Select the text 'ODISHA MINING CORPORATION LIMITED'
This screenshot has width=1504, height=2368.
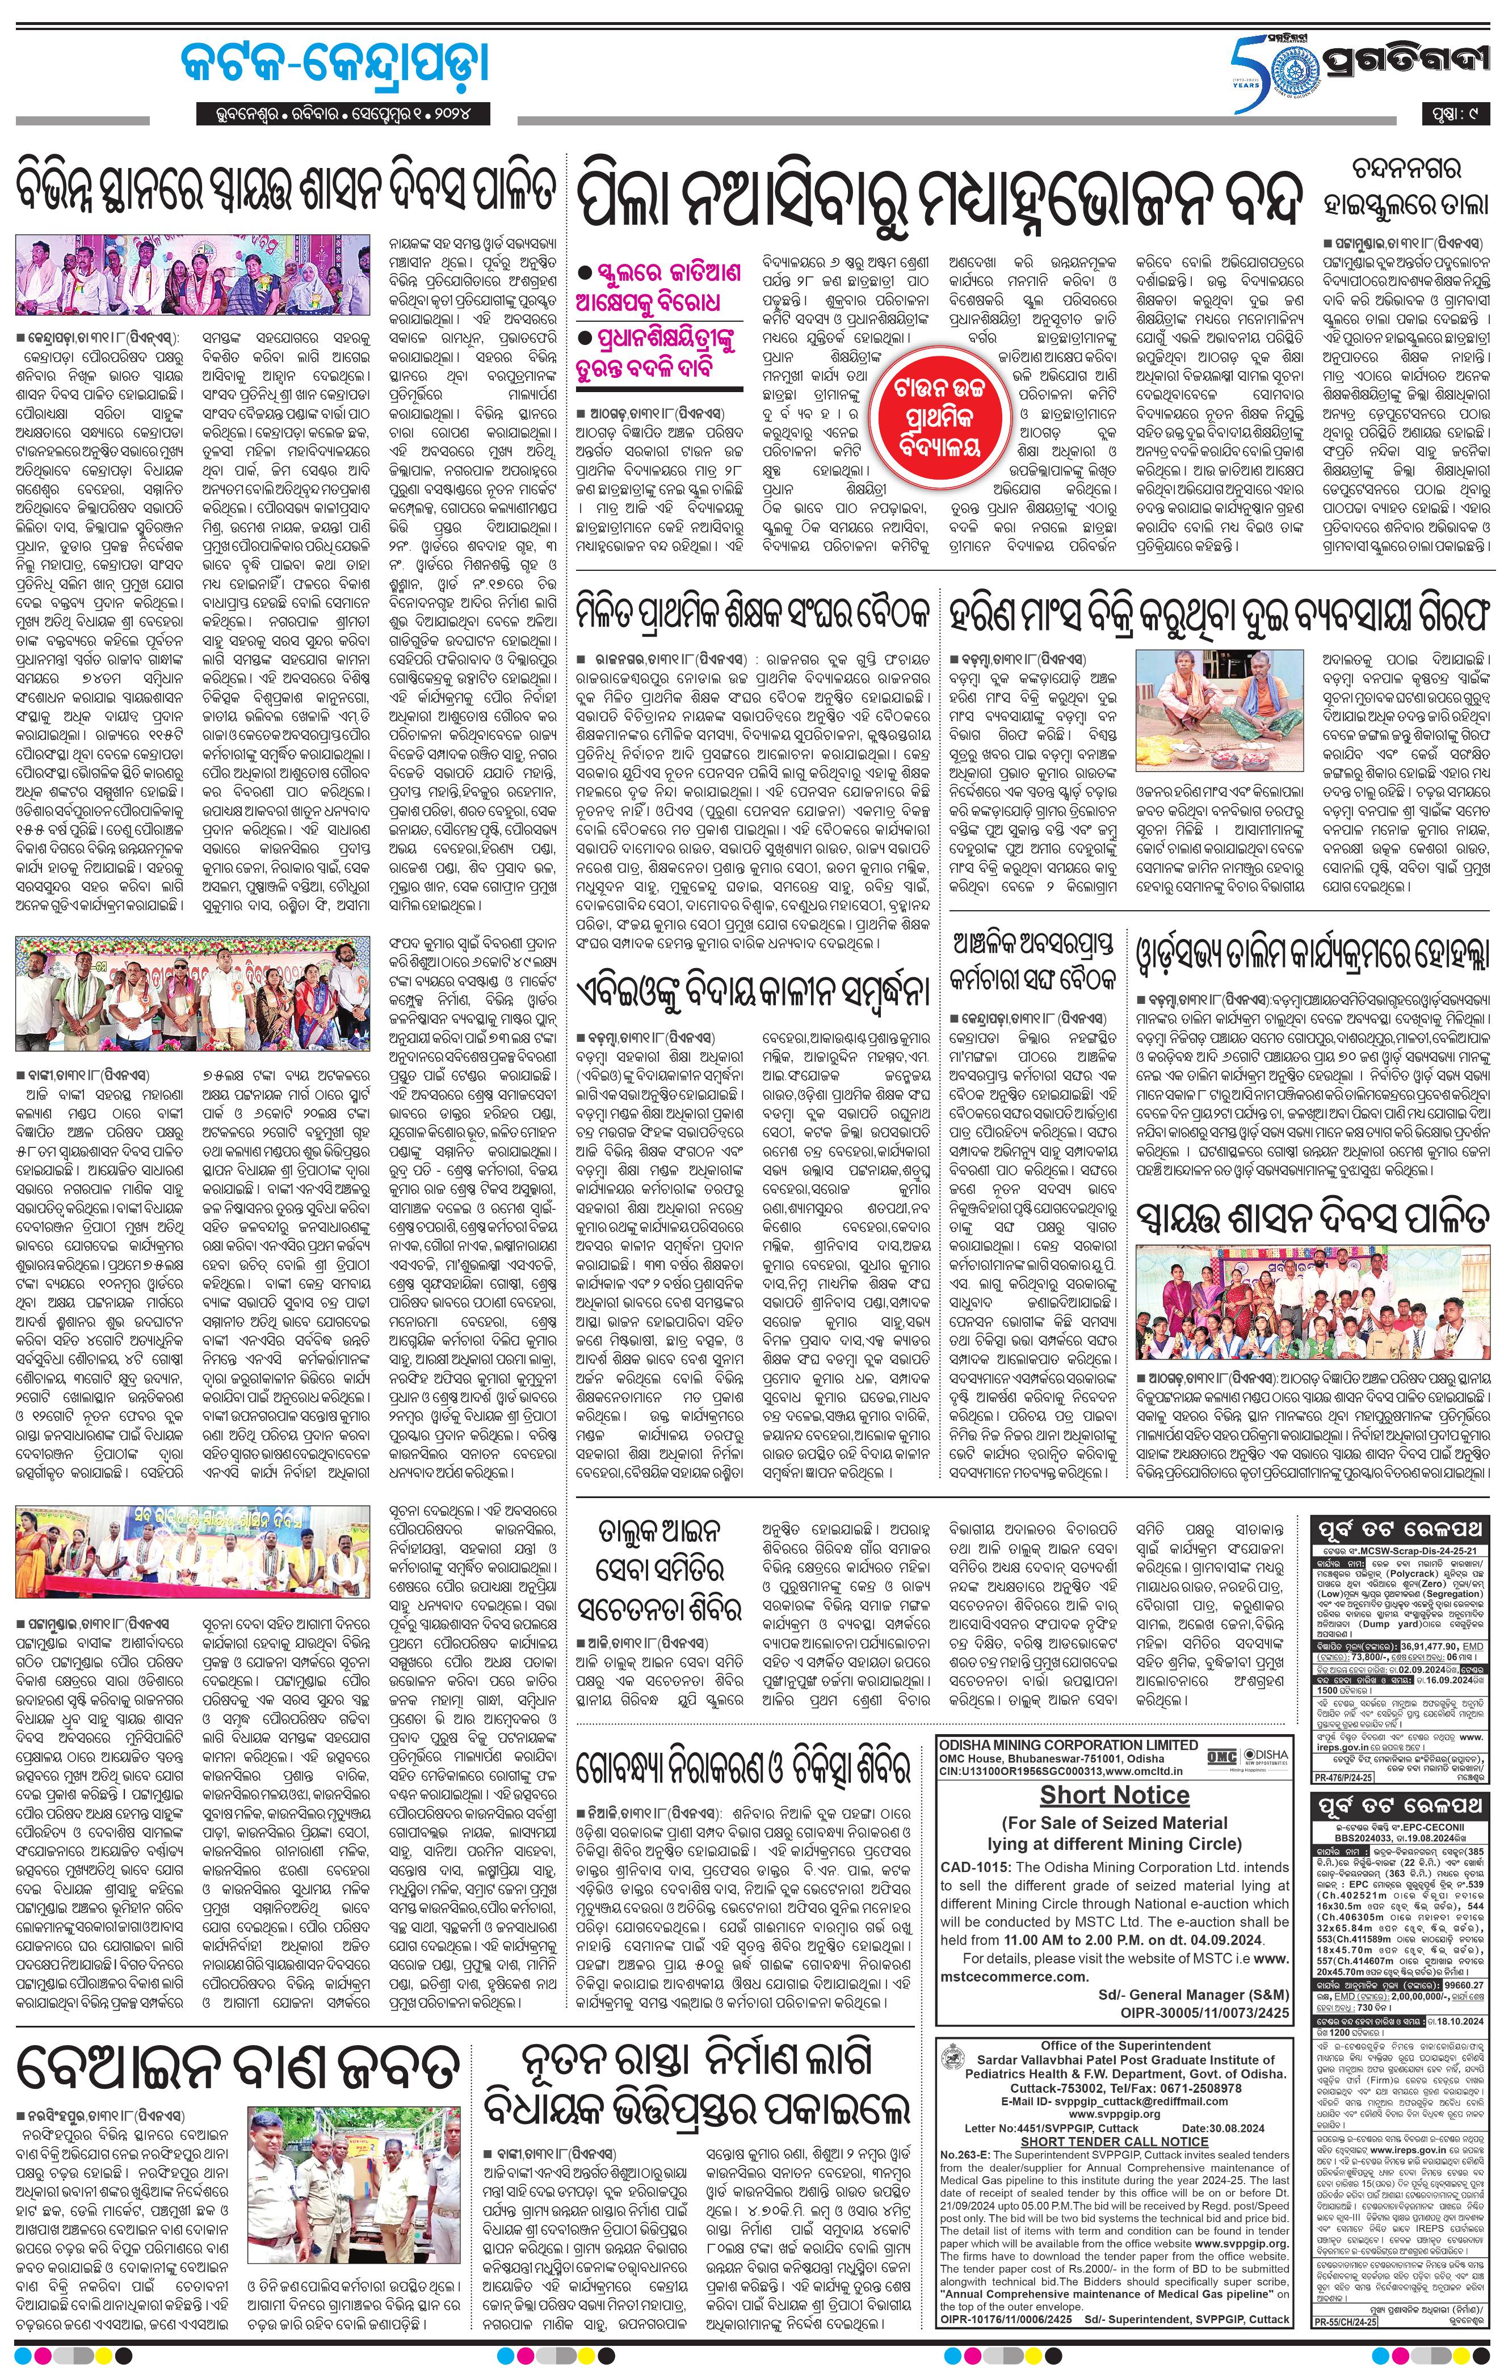[1068, 1744]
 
